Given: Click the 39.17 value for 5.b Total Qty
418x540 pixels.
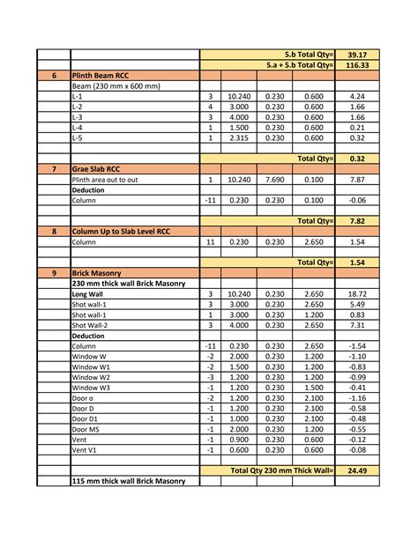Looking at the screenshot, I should (x=356, y=55).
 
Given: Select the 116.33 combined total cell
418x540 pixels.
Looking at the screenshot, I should (x=356, y=65).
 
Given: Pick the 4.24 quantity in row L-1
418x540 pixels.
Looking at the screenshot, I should (x=356, y=97).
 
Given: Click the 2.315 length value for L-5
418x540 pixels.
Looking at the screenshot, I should (x=239, y=138).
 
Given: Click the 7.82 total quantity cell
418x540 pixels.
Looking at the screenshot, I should (x=356, y=221).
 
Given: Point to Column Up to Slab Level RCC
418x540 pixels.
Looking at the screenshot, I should (x=122, y=232).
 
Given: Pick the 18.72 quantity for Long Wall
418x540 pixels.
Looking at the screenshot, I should (x=356, y=294).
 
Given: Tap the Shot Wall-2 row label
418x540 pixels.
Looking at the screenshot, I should (x=92, y=325).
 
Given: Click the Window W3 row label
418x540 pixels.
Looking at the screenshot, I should (x=91, y=388).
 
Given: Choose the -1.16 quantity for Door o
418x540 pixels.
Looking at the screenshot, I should (x=356, y=398).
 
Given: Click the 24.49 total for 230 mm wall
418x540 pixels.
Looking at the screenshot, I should (x=356, y=471).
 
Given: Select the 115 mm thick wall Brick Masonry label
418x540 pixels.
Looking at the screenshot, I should (x=129, y=482).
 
